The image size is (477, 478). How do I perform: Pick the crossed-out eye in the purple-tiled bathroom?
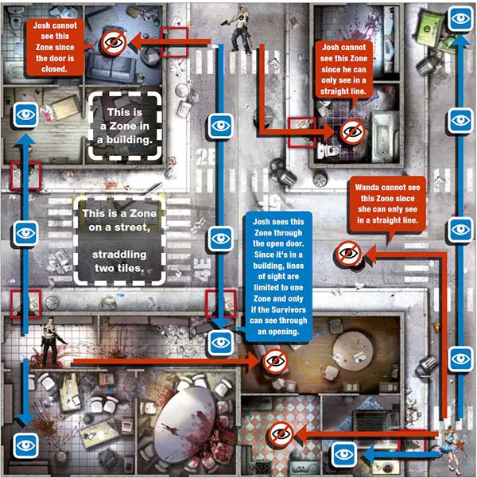point(350,130)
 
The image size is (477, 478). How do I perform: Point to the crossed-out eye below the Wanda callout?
point(347,255)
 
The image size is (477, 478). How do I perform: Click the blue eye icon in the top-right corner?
point(460,17)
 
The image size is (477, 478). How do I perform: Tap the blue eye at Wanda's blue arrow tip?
point(344,453)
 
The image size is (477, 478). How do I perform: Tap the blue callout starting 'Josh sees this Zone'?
point(274,278)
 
